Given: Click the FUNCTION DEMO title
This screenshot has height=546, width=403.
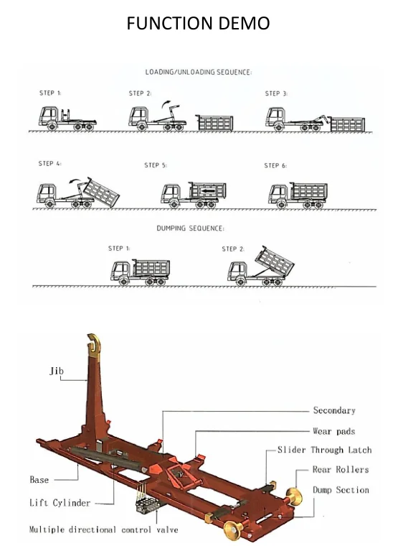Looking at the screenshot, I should (198, 23).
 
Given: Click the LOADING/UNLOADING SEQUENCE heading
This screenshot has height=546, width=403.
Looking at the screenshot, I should (199, 73).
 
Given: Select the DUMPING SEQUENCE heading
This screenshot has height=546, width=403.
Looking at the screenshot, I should (190, 228).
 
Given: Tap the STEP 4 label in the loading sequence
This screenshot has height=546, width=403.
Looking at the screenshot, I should (50, 164).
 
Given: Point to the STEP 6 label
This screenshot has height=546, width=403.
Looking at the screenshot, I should (275, 166).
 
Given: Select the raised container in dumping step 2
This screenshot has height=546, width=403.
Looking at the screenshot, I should (275, 260).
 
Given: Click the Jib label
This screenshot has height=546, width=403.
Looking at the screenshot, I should (57, 371).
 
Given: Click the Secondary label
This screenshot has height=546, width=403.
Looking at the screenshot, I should (333, 410).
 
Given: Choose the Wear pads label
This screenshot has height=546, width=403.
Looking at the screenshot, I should (333, 431).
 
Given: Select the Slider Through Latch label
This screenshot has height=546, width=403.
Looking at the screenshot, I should (324, 450).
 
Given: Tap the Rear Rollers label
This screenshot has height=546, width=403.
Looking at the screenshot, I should (340, 470).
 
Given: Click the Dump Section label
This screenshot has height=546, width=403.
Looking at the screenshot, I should (341, 490).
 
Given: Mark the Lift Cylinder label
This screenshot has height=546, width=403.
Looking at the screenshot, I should (60, 503).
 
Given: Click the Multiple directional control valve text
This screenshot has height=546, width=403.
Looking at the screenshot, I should (103, 529).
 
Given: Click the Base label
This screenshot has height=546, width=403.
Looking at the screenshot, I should (39, 480).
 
